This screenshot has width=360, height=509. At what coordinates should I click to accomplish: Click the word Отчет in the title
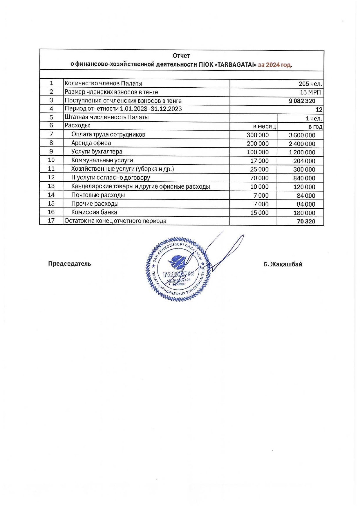click(x=181, y=55)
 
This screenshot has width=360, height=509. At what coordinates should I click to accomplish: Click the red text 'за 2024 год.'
click(x=275, y=65)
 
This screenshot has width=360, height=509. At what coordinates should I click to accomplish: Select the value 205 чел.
click(x=310, y=84)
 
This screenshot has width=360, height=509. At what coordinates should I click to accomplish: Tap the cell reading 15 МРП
click(x=310, y=92)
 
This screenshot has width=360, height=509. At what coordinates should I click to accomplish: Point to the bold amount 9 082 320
click(x=302, y=101)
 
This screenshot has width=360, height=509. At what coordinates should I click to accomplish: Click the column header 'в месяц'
click(x=264, y=127)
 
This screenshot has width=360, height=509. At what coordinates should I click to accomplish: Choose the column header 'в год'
click(x=315, y=127)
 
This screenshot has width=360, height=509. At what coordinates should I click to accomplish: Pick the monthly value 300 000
click(x=258, y=135)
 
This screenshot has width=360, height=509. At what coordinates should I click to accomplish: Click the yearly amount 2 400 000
click(x=302, y=144)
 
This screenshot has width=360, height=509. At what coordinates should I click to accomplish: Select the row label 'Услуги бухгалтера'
click(x=97, y=151)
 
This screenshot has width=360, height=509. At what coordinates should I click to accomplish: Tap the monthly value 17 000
click(x=259, y=161)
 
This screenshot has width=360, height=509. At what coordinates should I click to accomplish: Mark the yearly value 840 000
click(x=304, y=178)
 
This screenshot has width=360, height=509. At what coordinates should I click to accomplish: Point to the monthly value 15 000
click(x=259, y=213)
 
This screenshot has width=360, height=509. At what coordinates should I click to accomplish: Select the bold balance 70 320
click(x=306, y=221)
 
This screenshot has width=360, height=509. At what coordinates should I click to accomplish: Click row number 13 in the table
click(x=51, y=186)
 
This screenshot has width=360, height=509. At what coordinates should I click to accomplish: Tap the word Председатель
click(x=70, y=264)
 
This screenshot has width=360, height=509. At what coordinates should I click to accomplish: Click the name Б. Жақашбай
click(x=283, y=264)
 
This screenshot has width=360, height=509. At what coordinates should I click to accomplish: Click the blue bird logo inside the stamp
click(x=178, y=262)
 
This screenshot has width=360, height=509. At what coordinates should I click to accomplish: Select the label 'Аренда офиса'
click(x=91, y=143)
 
